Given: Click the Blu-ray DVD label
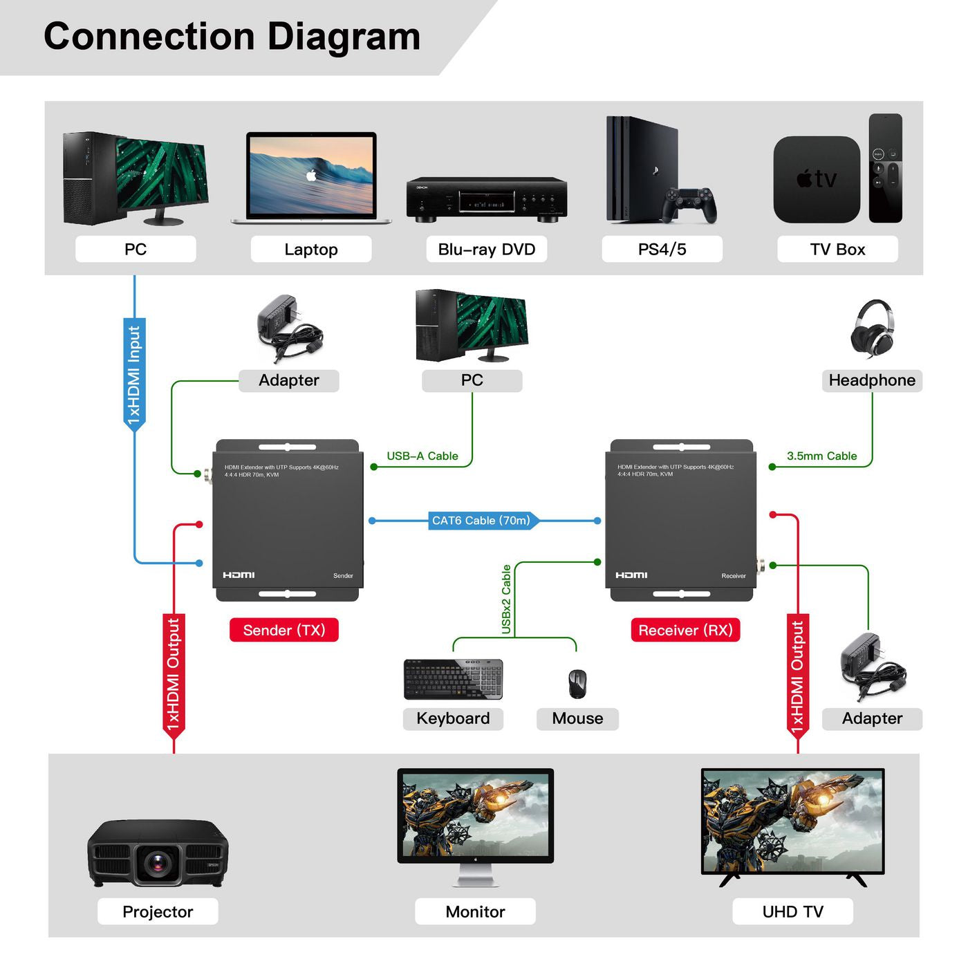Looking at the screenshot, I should (487, 249).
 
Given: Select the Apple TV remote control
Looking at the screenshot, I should (885, 168).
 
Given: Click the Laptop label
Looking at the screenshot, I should (311, 249).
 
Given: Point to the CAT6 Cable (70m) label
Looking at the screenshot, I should (482, 521).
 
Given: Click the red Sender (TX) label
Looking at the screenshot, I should (284, 630).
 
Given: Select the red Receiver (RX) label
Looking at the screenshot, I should (685, 630).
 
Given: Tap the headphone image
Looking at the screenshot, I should (872, 328).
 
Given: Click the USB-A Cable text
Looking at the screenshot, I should (422, 456).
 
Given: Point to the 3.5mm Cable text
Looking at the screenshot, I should (821, 456).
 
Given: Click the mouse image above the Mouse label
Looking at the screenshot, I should (577, 684).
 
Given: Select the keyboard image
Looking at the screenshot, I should (453, 679).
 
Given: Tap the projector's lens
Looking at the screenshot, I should (158, 862).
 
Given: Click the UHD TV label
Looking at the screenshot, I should (792, 911).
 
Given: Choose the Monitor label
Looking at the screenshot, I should (475, 911).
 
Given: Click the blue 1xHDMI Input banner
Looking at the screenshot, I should (134, 374).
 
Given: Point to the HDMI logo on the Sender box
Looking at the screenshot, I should (239, 575).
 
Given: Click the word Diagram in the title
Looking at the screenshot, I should (344, 37).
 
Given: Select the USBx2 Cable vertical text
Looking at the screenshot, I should (506, 599).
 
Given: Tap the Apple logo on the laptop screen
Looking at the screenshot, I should (311, 176).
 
